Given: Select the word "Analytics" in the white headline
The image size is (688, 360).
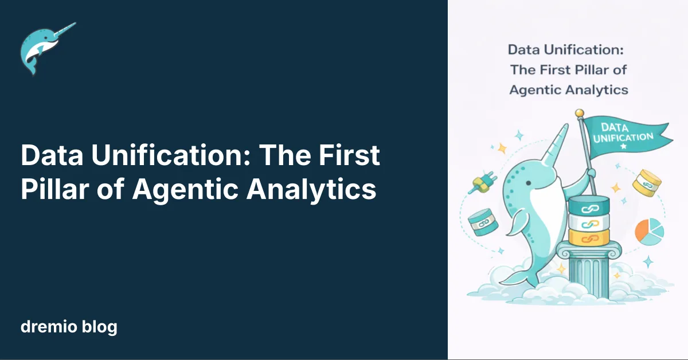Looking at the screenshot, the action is coord(311,190).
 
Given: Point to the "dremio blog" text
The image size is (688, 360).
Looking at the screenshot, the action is coord(69,326).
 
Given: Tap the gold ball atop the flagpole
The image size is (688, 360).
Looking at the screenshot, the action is coord(579,113).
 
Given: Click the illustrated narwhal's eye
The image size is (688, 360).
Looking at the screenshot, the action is coord(528,183).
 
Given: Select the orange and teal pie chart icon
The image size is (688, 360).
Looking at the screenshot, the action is coord(649,232).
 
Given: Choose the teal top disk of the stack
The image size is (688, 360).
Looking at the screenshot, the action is coord(589,205).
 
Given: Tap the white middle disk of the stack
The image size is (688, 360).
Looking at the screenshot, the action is coord(589,222).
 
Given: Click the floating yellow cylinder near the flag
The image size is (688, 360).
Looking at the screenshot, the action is coord(647,183).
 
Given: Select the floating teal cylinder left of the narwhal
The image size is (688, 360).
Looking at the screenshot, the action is coord(483,222).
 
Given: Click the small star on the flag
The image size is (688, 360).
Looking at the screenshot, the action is coord(624,146).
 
